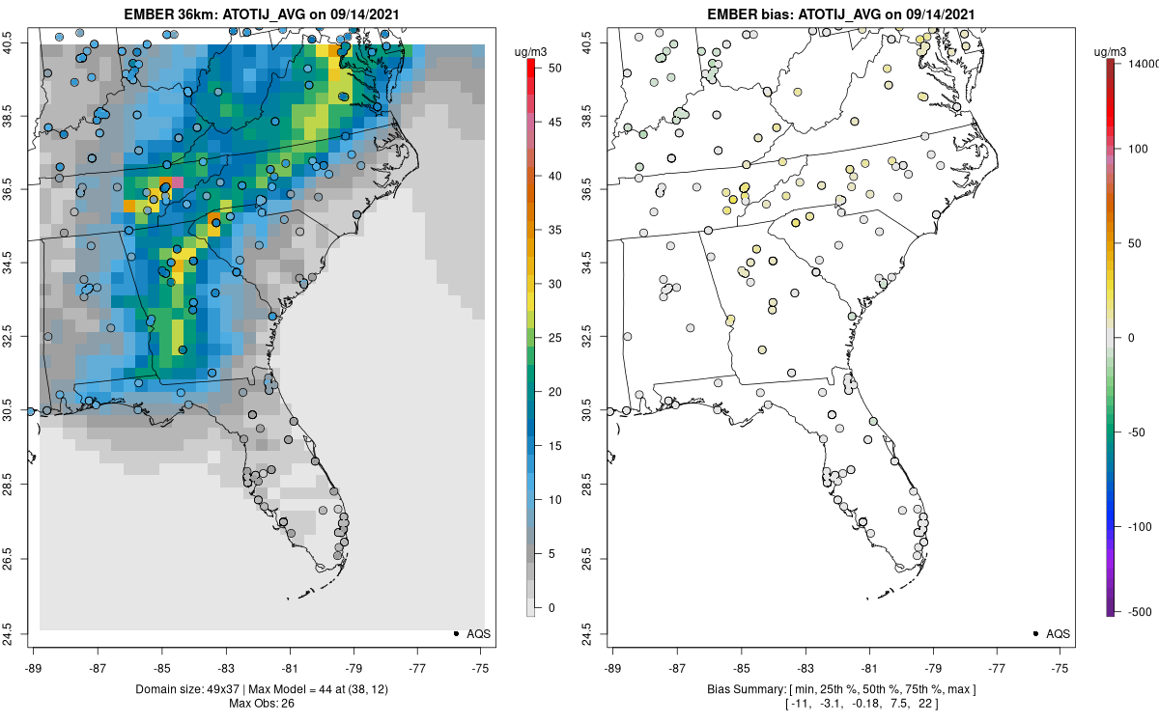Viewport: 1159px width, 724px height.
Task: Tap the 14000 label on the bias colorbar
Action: (x=1142, y=63)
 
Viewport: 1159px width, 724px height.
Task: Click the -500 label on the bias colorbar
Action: (x=1138, y=611)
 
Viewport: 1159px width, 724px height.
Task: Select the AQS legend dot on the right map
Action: (x=1034, y=633)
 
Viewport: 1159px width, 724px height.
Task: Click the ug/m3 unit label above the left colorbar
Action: (x=533, y=49)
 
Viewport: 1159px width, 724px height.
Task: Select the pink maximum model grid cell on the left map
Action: (x=177, y=181)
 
